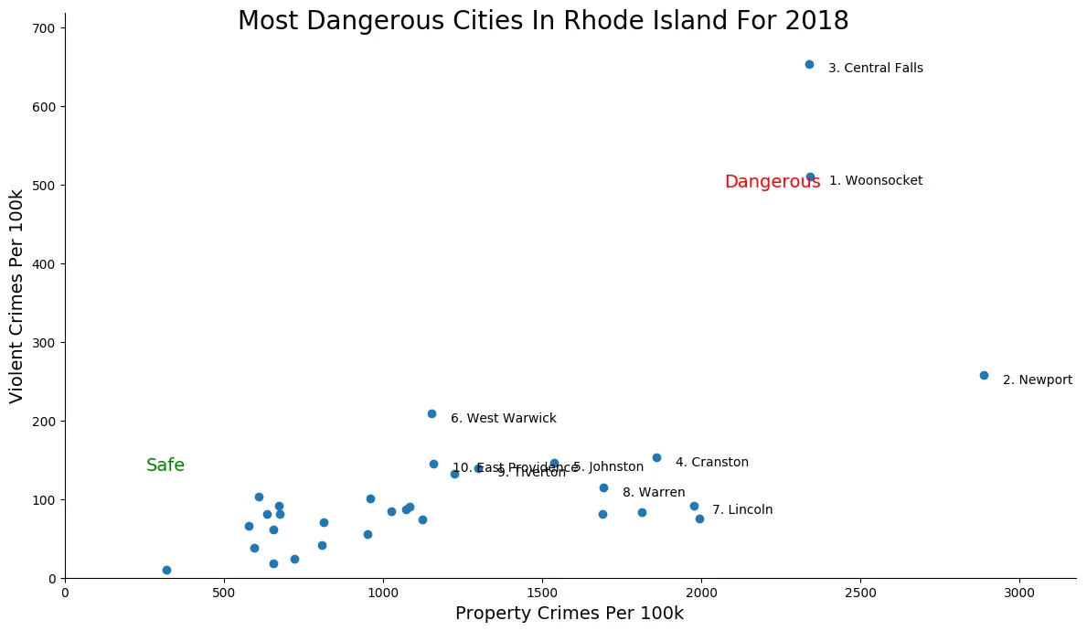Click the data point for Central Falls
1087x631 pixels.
809,65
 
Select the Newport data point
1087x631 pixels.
984,376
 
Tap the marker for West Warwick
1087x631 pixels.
432,414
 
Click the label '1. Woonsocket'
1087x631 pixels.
875,181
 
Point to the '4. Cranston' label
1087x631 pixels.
711,463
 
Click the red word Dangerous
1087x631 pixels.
772,182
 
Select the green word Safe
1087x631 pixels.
165,465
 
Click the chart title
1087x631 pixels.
543,20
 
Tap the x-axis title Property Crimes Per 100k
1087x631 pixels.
569,614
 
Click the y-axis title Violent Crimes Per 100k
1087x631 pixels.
16,296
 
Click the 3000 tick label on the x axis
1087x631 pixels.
1019,594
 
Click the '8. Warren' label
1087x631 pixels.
654,493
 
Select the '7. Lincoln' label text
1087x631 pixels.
742,510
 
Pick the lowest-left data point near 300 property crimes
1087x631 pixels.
166,571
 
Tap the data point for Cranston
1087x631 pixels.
656,458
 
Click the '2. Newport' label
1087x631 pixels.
1037,380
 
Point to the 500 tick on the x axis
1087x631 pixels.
224,594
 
